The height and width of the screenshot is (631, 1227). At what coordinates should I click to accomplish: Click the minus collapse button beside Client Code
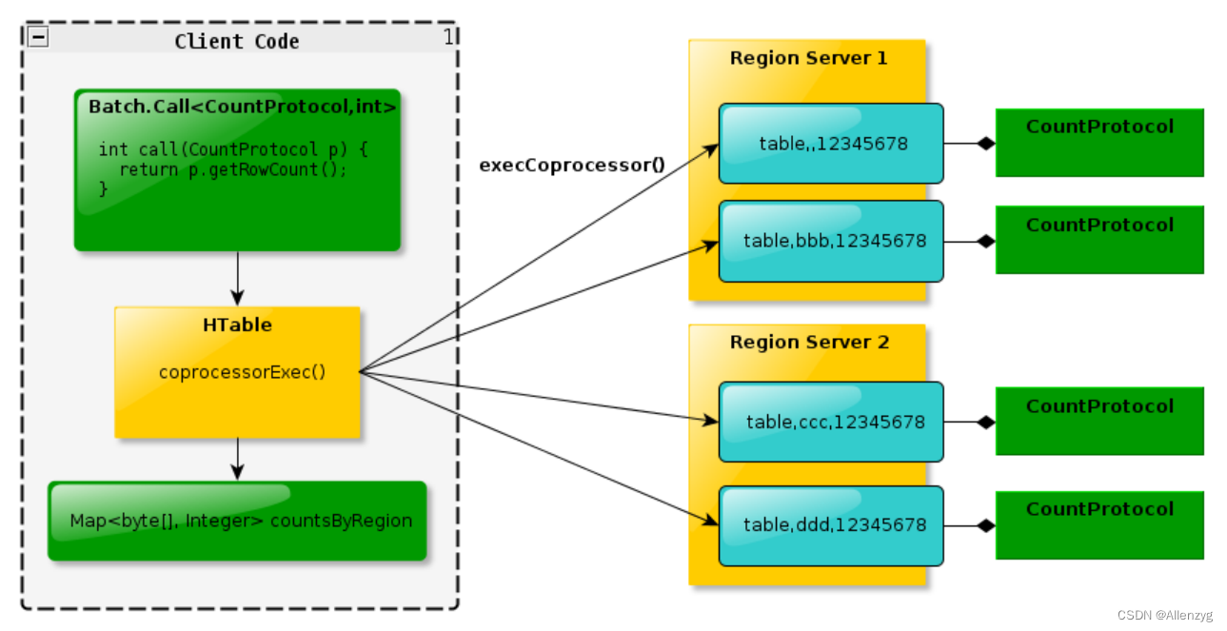coord(38,38)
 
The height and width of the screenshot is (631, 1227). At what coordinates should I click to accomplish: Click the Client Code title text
coord(237,41)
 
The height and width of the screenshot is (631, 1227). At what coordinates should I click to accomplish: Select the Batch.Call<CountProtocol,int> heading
coord(242,107)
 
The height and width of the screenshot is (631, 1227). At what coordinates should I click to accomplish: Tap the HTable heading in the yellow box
coord(237,325)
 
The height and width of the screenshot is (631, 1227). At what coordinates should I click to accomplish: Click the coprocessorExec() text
coord(242,371)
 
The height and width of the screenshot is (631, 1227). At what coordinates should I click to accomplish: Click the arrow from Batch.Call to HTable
coord(238,278)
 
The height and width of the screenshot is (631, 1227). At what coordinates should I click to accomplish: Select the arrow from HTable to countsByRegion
coord(238,459)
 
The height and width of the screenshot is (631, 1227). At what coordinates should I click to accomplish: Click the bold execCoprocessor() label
coord(572,165)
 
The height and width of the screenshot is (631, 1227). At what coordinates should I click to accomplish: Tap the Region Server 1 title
coord(808,58)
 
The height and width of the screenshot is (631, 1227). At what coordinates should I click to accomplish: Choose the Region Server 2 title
coord(809,342)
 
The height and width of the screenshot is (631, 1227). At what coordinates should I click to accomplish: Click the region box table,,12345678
coord(831,144)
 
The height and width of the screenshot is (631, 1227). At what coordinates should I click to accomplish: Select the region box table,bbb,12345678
coord(831,241)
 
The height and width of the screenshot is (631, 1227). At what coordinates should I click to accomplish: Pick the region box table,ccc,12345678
coord(831,422)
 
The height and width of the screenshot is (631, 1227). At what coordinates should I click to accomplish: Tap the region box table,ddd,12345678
coord(831,524)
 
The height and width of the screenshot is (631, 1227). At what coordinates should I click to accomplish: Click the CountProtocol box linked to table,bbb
coord(1099,240)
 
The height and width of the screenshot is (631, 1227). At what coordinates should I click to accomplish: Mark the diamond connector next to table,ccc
coord(985,422)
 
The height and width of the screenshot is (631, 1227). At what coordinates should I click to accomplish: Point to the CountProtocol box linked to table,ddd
coord(1099,524)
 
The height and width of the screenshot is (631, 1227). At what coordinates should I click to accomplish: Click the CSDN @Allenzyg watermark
coord(1164,616)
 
